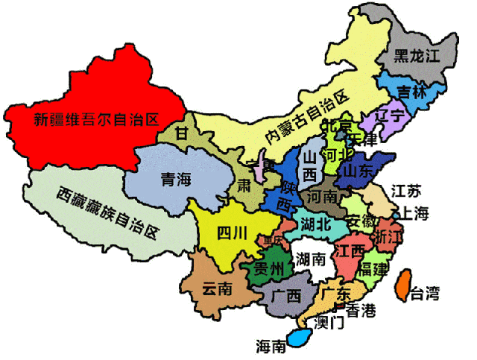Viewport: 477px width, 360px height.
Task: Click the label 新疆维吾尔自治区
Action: pyautogui.click(x=97, y=118)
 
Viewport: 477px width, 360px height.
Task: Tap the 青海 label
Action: pyautogui.click(x=176, y=179)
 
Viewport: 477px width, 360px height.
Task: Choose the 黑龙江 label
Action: pyautogui.click(x=417, y=55)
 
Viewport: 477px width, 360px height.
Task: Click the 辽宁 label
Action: pyautogui.click(x=391, y=116)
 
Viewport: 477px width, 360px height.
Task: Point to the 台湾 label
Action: pyautogui.click(x=426, y=294)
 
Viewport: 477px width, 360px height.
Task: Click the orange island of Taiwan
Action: pyautogui.click(x=402, y=286)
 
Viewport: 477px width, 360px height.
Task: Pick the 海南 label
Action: pyautogui.click(x=271, y=346)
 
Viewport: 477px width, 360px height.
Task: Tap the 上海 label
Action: pyautogui.click(x=415, y=213)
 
